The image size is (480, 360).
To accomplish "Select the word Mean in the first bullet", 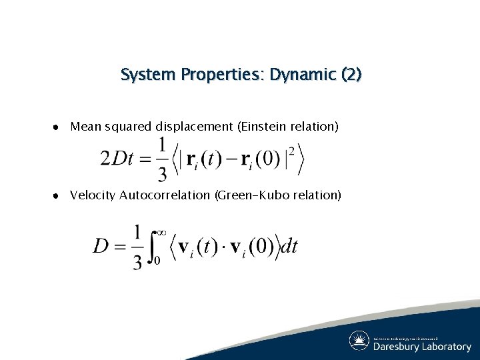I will pos(83,126).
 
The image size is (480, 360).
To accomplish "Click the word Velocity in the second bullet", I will pos(93,195).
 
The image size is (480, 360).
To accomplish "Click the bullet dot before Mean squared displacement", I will pos(59,127).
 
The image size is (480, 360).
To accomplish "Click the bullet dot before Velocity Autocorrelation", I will pos(59,196).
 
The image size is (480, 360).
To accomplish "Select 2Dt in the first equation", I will pos(117,159).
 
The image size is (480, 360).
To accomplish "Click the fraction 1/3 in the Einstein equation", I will pos(162,159).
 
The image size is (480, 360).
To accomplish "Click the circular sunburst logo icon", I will pos(359,341).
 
